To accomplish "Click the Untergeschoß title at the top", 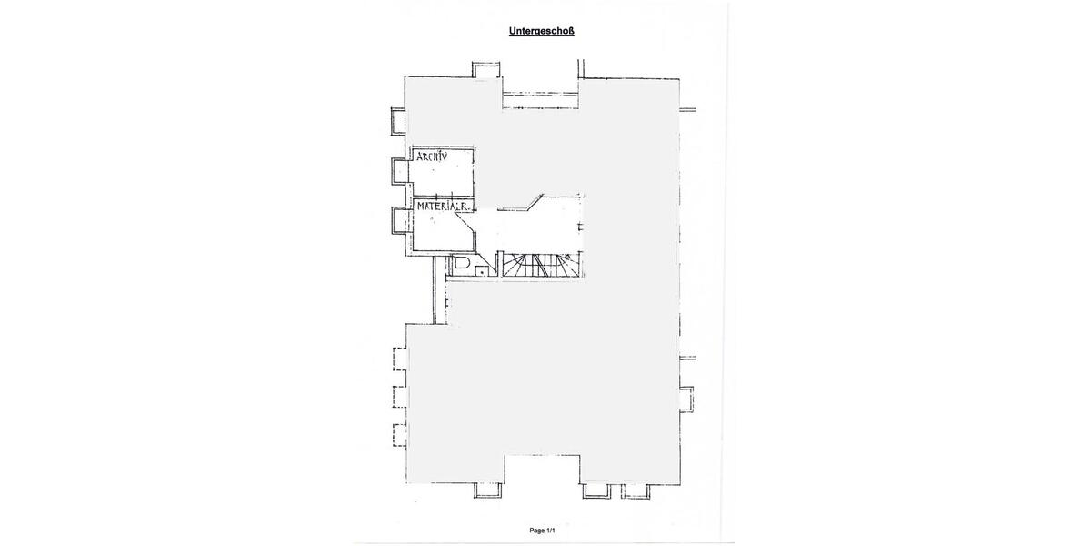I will [541, 31].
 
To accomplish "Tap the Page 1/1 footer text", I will [543, 531].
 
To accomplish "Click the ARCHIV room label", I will [432, 157].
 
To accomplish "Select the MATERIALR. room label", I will [443, 207].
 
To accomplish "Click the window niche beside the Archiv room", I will [400, 169].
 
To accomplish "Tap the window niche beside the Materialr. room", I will [400, 219].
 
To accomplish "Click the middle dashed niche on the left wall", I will [400, 397].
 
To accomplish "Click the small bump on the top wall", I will [485, 71].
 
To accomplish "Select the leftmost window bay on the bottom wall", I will [487, 490].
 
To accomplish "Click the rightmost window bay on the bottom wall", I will [636, 490].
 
